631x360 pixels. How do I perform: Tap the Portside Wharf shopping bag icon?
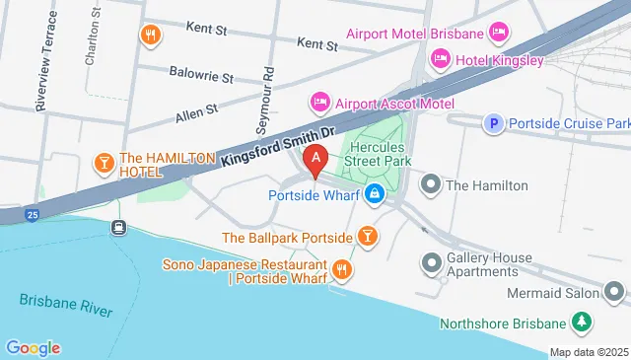pos(375,194)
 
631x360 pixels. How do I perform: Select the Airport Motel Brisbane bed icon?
pos(500,34)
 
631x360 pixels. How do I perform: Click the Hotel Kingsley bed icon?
pos(440,60)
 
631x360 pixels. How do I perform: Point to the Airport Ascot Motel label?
pos(393,104)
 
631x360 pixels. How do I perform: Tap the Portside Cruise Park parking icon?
pos(492,123)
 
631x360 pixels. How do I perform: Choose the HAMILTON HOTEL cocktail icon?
pos(103,162)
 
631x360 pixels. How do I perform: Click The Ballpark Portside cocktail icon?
pos(367,237)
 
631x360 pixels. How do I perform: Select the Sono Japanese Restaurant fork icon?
pos(341,268)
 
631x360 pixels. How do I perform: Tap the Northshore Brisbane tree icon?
pos(583,323)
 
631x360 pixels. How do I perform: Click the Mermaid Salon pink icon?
pos(615,292)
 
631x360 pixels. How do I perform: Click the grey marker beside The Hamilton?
pos(431,184)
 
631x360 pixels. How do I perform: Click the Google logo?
pos(34,347)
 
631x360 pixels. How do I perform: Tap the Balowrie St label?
pos(199,76)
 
